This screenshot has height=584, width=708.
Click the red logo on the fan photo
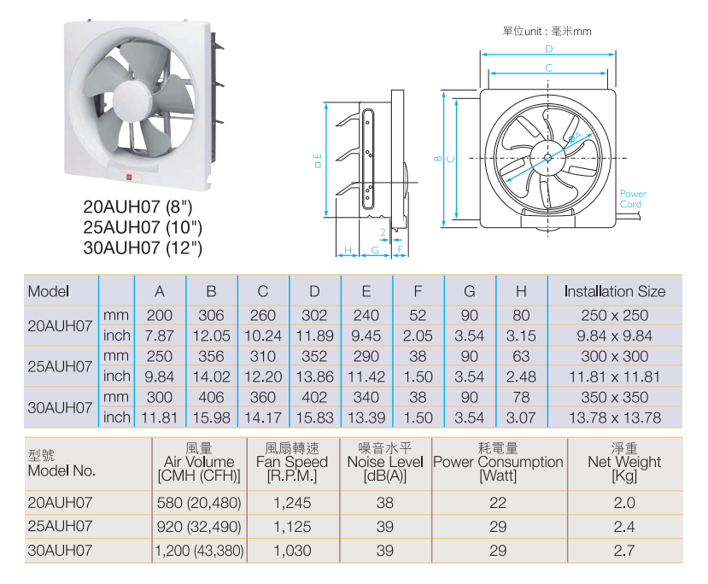(130, 178)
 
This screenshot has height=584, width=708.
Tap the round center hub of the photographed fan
(132, 102)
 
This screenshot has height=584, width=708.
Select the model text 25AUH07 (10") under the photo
(143, 227)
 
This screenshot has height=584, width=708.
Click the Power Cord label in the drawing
(633, 199)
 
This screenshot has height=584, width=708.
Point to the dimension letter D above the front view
(548, 49)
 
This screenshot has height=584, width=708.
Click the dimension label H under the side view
(348, 249)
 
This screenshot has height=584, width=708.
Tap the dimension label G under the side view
(375, 249)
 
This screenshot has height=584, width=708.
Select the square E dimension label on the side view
(319, 161)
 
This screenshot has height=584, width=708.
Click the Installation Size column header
(615, 291)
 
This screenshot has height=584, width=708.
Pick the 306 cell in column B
(211, 315)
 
